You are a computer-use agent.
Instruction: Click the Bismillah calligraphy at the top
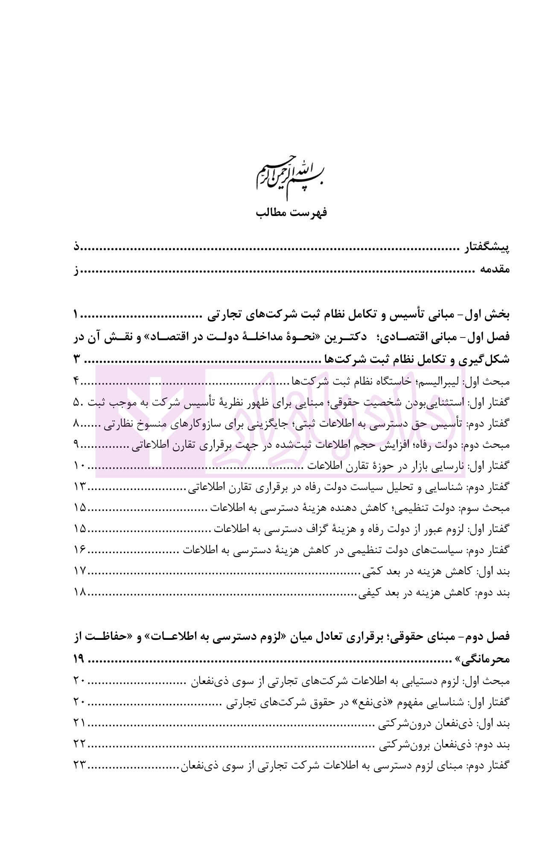(x=290, y=176)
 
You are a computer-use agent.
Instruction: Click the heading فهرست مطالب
(x=292, y=212)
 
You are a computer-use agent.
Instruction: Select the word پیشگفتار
(x=487, y=247)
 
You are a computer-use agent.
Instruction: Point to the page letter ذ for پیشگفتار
(x=77, y=247)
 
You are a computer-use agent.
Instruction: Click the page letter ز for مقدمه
(x=76, y=270)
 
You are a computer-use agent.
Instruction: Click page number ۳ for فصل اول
(x=77, y=359)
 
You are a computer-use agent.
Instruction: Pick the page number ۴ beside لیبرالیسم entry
(x=77, y=381)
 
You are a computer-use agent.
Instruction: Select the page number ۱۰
(x=80, y=465)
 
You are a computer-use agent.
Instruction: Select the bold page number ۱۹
(x=79, y=659)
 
